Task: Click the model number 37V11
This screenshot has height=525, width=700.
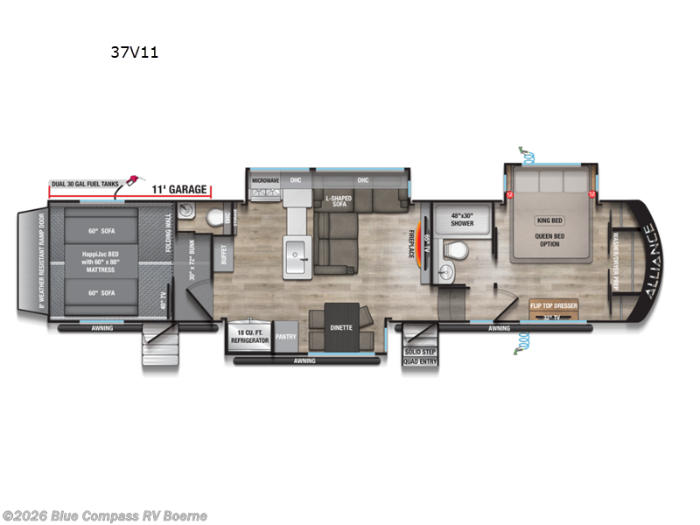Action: (x=134, y=52)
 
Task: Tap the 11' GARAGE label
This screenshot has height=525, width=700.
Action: (x=179, y=189)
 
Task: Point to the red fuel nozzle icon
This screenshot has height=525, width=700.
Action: (x=132, y=181)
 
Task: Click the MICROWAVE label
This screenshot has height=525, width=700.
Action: (x=265, y=181)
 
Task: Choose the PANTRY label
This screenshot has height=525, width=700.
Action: (x=286, y=334)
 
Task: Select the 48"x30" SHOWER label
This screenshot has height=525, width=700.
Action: (x=462, y=219)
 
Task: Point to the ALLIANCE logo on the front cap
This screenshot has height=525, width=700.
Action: (x=648, y=262)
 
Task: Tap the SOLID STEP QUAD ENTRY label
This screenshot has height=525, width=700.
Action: (x=420, y=355)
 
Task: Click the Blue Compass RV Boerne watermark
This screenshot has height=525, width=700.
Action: (x=105, y=515)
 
